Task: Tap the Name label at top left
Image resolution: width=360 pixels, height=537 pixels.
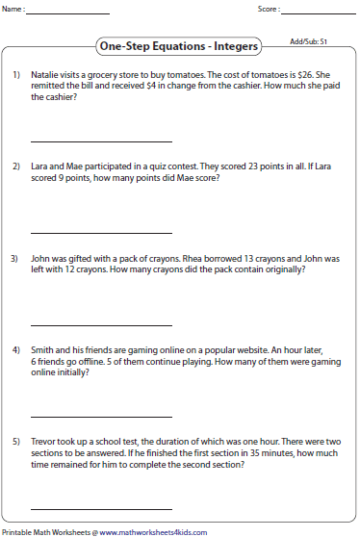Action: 14,10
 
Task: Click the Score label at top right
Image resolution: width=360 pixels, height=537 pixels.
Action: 269,10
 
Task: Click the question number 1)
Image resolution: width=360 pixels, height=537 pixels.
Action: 16,75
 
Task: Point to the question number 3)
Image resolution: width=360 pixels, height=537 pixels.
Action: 16,258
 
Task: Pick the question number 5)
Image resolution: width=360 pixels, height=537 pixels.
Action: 16,441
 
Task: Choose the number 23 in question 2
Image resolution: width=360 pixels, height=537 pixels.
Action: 248,166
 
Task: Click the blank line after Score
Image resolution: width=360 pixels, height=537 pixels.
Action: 320,13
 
